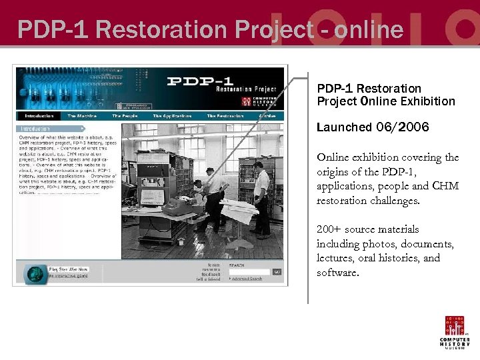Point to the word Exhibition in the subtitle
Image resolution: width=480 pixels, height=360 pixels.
click(x=427, y=101)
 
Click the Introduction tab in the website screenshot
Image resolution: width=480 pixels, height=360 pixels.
click(x=39, y=116)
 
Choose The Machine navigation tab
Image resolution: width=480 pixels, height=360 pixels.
click(x=82, y=116)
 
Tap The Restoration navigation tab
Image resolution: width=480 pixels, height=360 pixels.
click(x=225, y=116)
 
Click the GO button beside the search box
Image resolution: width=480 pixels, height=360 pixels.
click(x=277, y=271)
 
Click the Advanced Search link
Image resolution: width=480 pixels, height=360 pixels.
click(x=247, y=279)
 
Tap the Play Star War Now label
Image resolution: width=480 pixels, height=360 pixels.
click(x=68, y=269)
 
